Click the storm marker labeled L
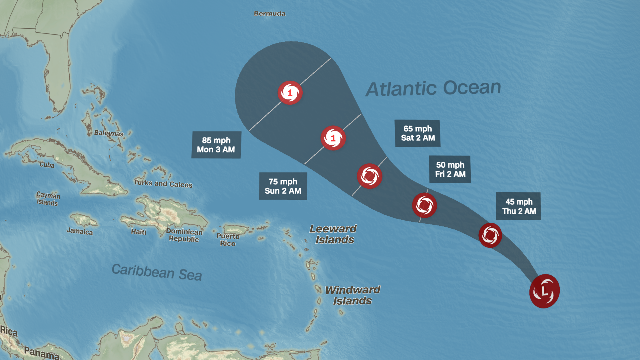click(x=544, y=291)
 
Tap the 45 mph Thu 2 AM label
click(x=518, y=206)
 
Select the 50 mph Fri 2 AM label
click(x=450, y=169)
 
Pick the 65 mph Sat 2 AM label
click(x=417, y=133)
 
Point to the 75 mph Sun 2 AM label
click(x=283, y=186)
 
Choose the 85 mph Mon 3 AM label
click(x=216, y=145)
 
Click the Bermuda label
click(x=270, y=14)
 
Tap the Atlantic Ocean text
click(x=433, y=88)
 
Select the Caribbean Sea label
click(x=156, y=272)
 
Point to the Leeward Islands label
click(x=333, y=234)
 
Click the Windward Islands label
click(x=353, y=295)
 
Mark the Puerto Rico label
click(x=228, y=239)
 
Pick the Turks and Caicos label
click(x=163, y=184)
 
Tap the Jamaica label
click(x=80, y=232)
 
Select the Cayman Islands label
click(x=48, y=199)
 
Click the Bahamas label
click(x=109, y=133)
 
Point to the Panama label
click(x=42, y=353)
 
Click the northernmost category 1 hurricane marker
click(x=290, y=92)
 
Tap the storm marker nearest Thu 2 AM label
click(x=490, y=235)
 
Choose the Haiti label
click(x=139, y=232)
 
